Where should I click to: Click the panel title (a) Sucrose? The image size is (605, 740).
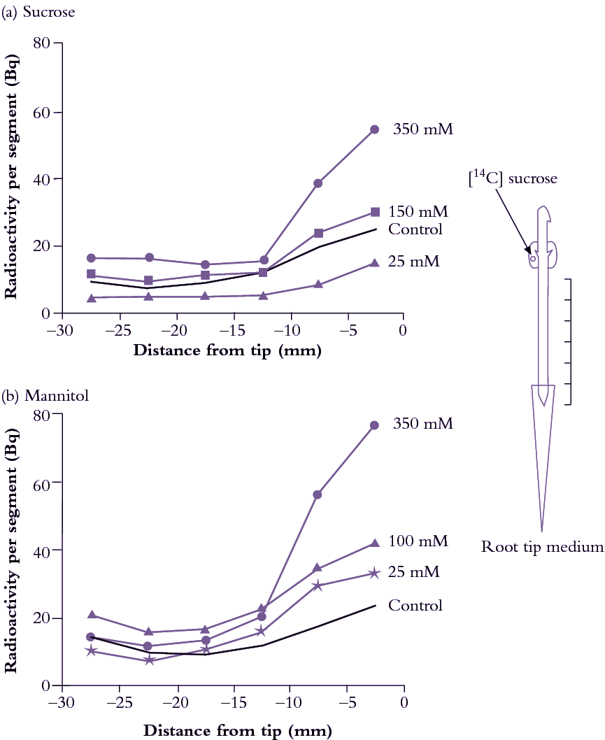tap(38, 12)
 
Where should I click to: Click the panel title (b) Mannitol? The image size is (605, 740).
tap(41, 396)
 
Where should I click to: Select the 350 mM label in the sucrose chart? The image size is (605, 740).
tap(423, 129)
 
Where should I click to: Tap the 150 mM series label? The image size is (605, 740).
tap(418, 211)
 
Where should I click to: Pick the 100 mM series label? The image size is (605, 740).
tap(418, 541)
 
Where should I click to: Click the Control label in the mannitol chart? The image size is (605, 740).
tap(415, 605)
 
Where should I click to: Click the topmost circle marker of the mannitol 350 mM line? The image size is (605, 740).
tap(374, 425)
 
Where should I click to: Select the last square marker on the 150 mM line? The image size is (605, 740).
tap(375, 212)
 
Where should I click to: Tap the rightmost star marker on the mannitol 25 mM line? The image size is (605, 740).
tap(374, 573)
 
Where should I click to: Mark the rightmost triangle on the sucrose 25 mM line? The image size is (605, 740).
tap(374, 263)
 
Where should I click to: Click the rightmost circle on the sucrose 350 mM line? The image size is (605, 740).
tap(374, 129)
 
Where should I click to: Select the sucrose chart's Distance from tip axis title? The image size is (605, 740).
tap(227, 350)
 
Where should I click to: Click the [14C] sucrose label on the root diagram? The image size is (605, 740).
tap(513, 178)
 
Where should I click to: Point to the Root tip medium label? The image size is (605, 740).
tap(542, 546)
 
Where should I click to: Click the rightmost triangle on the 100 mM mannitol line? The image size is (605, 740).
tap(374, 543)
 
